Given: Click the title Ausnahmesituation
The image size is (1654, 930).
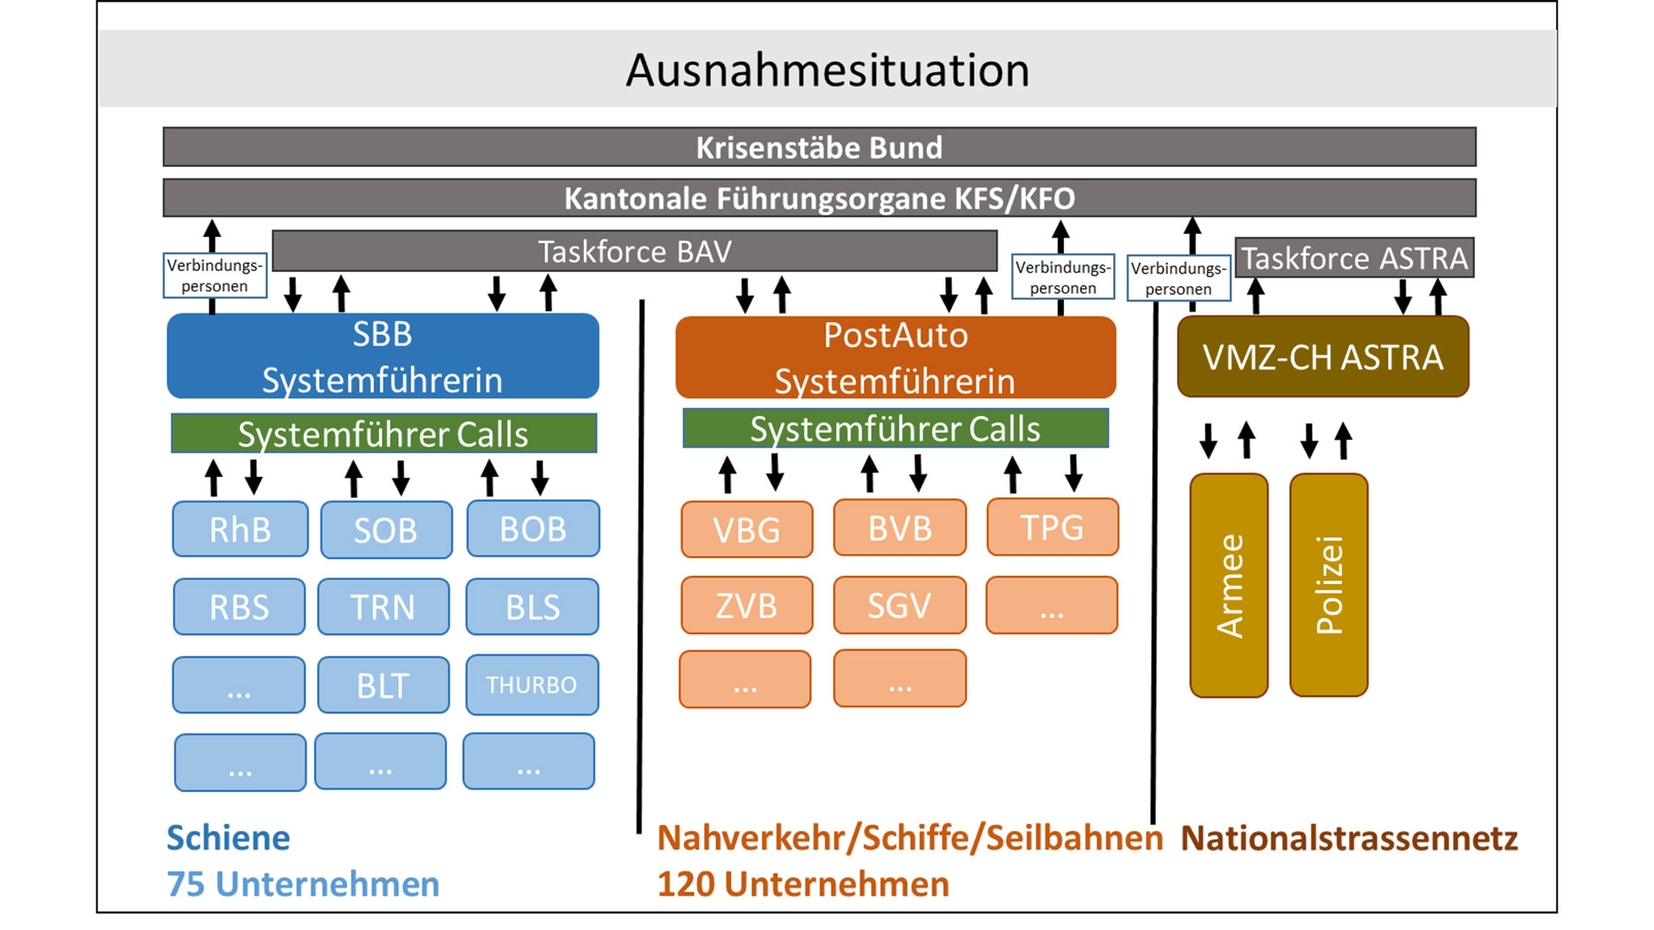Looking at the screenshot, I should point(827,70).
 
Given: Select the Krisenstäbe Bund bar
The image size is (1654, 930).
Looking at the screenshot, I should point(819,147).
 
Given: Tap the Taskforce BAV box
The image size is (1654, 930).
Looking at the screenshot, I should point(634,252).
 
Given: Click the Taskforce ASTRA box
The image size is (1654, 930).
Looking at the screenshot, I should point(1354,258).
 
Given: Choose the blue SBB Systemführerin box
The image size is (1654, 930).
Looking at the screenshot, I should point(383,356).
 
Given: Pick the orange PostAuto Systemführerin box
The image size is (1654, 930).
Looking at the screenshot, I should point(895,358).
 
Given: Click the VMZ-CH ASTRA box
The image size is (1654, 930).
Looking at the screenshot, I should point(1323,357).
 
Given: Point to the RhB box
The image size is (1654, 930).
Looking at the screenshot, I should point(239,529).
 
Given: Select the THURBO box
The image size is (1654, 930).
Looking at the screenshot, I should point(531,684).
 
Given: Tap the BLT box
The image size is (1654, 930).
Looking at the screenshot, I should point(383,684).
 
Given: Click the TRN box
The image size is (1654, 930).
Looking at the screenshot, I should point(383,607).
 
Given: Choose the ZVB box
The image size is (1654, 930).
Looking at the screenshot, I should point(747,606).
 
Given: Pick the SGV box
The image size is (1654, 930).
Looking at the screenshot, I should point(899,606).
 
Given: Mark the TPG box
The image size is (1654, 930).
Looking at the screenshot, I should point(1051,527).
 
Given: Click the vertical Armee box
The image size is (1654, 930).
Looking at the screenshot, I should point(1229,586).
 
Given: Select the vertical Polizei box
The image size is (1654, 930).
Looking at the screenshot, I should point(1329,586).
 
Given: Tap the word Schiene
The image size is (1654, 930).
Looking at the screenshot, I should point(228,837).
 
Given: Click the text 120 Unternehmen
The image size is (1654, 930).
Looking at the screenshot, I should point(802,884).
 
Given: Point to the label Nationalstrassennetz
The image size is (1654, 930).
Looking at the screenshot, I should point(1348,837).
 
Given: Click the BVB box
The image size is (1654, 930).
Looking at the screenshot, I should point(899,528).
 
